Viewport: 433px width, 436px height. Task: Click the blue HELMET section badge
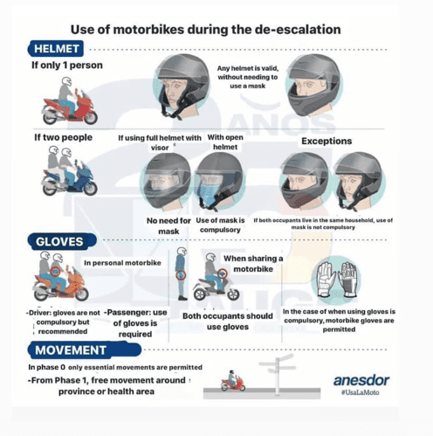pyautogui.click(x=56, y=48)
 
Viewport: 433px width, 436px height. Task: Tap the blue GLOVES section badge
pyautogui.click(x=62, y=241)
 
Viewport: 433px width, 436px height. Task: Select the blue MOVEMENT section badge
pyautogui.click(x=85, y=349)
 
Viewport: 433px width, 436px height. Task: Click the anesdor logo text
pyautogui.click(x=361, y=380)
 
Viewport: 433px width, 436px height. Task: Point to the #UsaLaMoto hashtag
pyautogui.click(x=361, y=392)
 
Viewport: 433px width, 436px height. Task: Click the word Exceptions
pyautogui.click(x=326, y=141)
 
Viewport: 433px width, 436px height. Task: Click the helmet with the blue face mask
pyautogui.click(x=219, y=181)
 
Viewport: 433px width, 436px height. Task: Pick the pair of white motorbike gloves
pyautogui.click(x=337, y=279)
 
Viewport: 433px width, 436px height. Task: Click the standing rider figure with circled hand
pyautogui.click(x=181, y=273)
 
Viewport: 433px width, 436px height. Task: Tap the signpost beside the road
pyautogui.click(x=278, y=374)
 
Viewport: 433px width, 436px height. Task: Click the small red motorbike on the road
pyautogui.click(x=233, y=381)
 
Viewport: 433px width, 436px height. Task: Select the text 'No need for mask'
pyautogui.click(x=168, y=226)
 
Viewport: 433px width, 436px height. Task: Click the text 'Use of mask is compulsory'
pyautogui.click(x=220, y=225)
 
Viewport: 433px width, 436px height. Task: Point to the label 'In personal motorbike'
pyautogui.click(x=122, y=263)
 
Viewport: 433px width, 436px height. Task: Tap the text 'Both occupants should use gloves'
pyautogui.click(x=228, y=322)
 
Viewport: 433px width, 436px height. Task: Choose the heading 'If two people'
pyautogui.click(x=63, y=137)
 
